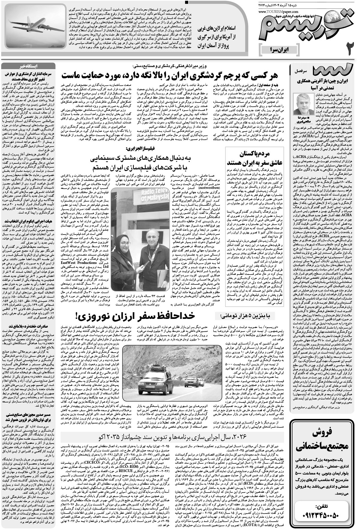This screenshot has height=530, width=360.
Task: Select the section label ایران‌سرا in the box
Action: tap(279, 47)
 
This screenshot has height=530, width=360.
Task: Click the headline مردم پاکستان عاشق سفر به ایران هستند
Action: tap(258, 158)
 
